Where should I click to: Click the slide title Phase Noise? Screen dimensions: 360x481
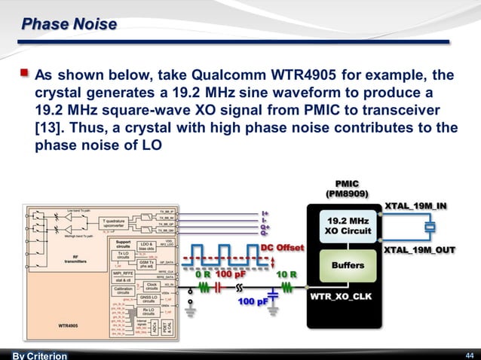click(x=69, y=25)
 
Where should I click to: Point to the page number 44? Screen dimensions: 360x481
click(x=468, y=355)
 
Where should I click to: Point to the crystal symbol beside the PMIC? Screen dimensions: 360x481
click(x=430, y=227)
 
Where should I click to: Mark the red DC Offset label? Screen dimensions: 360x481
click(x=282, y=247)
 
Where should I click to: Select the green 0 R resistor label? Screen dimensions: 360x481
click(x=204, y=274)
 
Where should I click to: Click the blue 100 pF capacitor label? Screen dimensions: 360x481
click(x=254, y=301)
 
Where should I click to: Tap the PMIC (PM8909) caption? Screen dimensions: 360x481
click(x=348, y=188)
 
